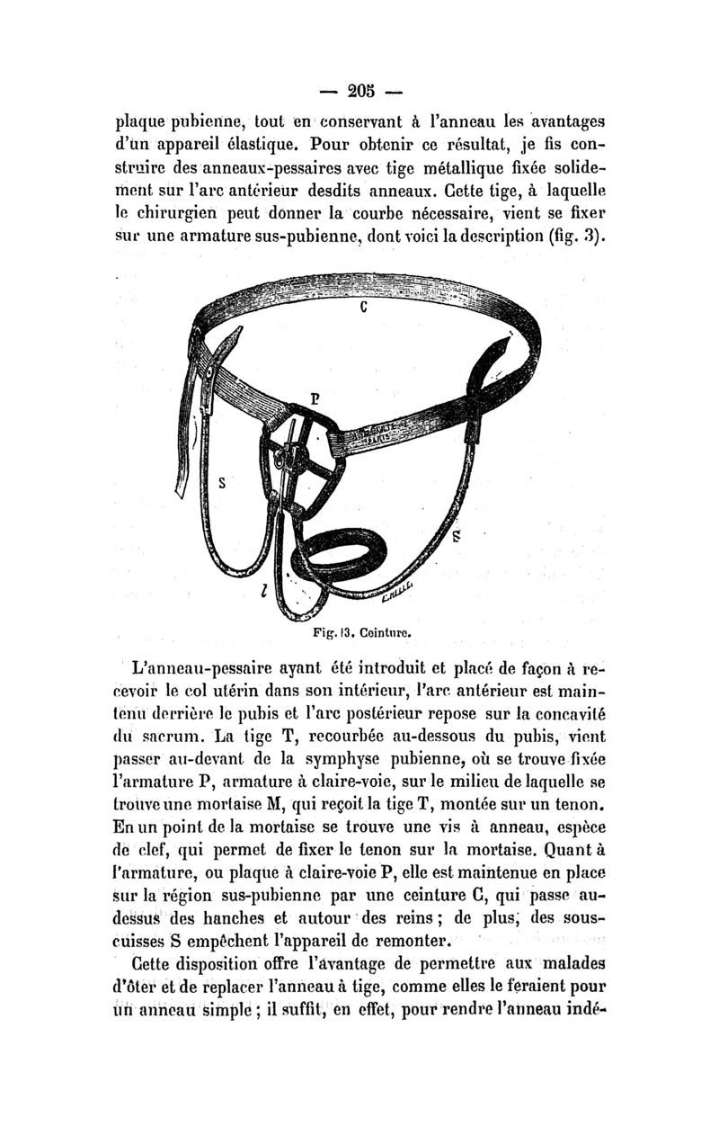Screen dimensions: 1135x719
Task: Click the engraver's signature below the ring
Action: point(395,589)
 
